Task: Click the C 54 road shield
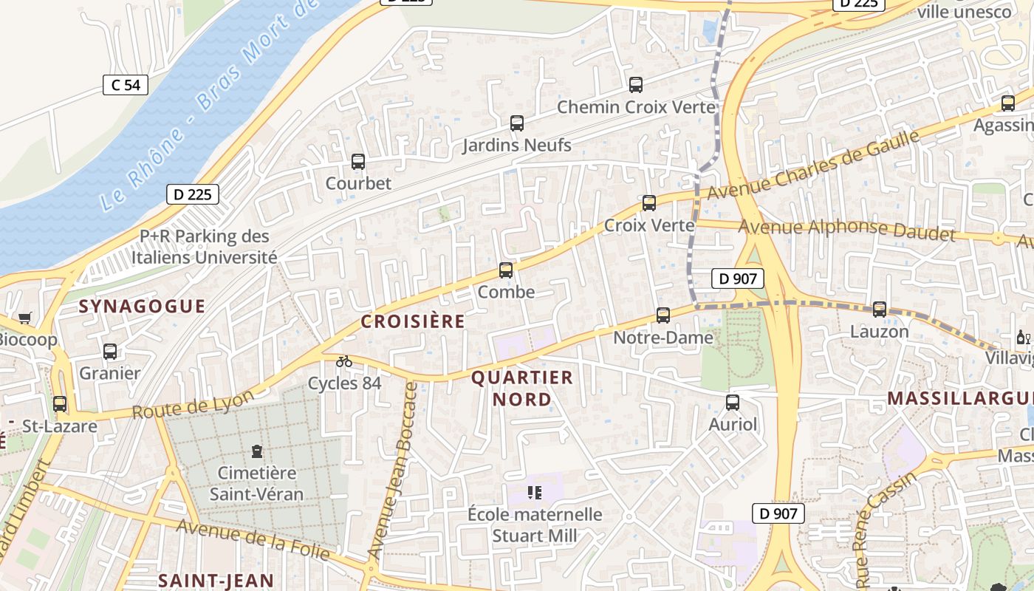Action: tap(126, 85)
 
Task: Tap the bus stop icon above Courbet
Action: tap(358, 161)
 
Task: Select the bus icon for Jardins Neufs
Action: tap(517, 123)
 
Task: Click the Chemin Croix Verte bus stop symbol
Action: tap(636, 85)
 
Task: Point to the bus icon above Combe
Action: tap(506, 270)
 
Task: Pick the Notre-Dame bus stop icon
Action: tap(663, 315)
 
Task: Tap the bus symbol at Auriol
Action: tap(733, 403)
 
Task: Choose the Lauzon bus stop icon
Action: tap(880, 310)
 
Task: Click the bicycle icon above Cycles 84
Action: tap(344, 361)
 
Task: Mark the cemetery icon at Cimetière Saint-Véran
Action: tap(257, 451)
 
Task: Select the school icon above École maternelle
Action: tap(535, 492)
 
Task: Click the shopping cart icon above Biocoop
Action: tap(25, 318)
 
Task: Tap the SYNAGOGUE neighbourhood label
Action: tap(142, 307)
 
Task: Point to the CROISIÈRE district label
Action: tap(413, 321)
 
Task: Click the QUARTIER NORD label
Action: tap(522, 389)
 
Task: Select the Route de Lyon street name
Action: tap(194, 403)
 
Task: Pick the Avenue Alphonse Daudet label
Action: tap(846, 230)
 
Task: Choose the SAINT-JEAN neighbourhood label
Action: tap(216, 581)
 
